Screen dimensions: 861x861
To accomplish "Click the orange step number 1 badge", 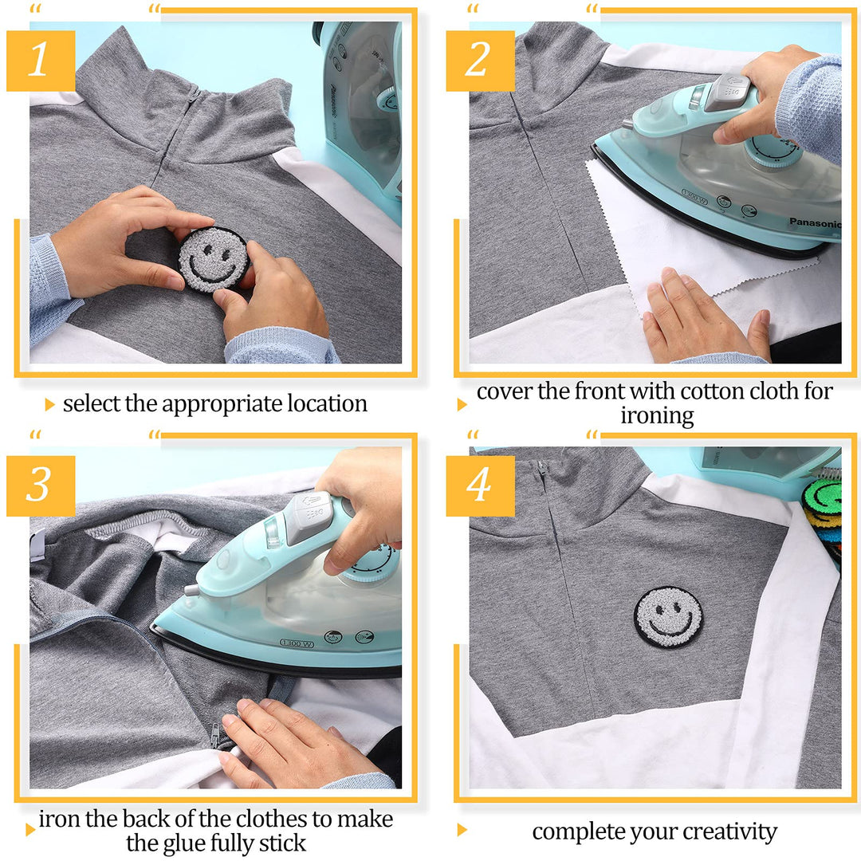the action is (x=41, y=61).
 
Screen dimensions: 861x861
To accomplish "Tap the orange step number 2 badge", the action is (x=480, y=61).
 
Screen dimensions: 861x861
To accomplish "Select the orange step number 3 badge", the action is (x=41, y=486).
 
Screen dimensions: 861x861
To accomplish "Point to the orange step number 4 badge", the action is (x=480, y=486).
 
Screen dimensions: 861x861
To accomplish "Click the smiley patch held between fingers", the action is (x=214, y=259).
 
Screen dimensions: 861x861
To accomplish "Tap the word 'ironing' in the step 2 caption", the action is (x=657, y=415).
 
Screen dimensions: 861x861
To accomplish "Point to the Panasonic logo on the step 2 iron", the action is (x=814, y=223).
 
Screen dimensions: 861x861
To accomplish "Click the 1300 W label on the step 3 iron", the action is (x=297, y=643).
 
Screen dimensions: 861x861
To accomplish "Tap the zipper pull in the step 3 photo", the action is (x=214, y=735).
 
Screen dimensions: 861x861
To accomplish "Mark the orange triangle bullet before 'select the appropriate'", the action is (x=50, y=405).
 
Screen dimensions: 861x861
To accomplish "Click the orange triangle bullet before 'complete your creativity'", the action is (x=462, y=830).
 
